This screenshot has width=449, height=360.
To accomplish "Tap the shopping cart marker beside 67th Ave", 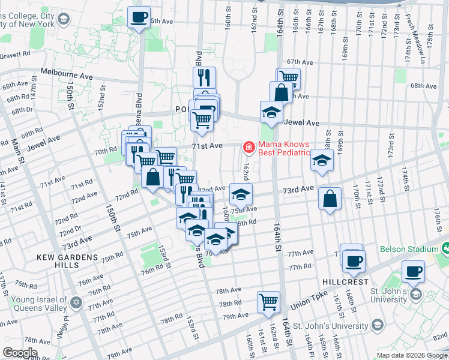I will pyautogui.click(x=289, y=78).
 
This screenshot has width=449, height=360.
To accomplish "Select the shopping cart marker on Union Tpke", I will pyautogui.click(x=268, y=301).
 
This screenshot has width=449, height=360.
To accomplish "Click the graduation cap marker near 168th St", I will pyautogui.click(x=322, y=161).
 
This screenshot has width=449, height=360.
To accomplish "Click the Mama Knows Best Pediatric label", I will pyautogui.click(x=284, y=148).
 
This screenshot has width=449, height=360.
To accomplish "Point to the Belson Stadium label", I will pyautogui.click(x=408, y=249).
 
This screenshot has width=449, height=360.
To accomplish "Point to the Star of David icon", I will pyautogui.click(x=76, y=302).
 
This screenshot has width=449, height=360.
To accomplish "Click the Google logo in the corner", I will pyautogui.click(x=20, y=353).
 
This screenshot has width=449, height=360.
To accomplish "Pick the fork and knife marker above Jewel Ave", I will pyautogui.click(x=204, y=77).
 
